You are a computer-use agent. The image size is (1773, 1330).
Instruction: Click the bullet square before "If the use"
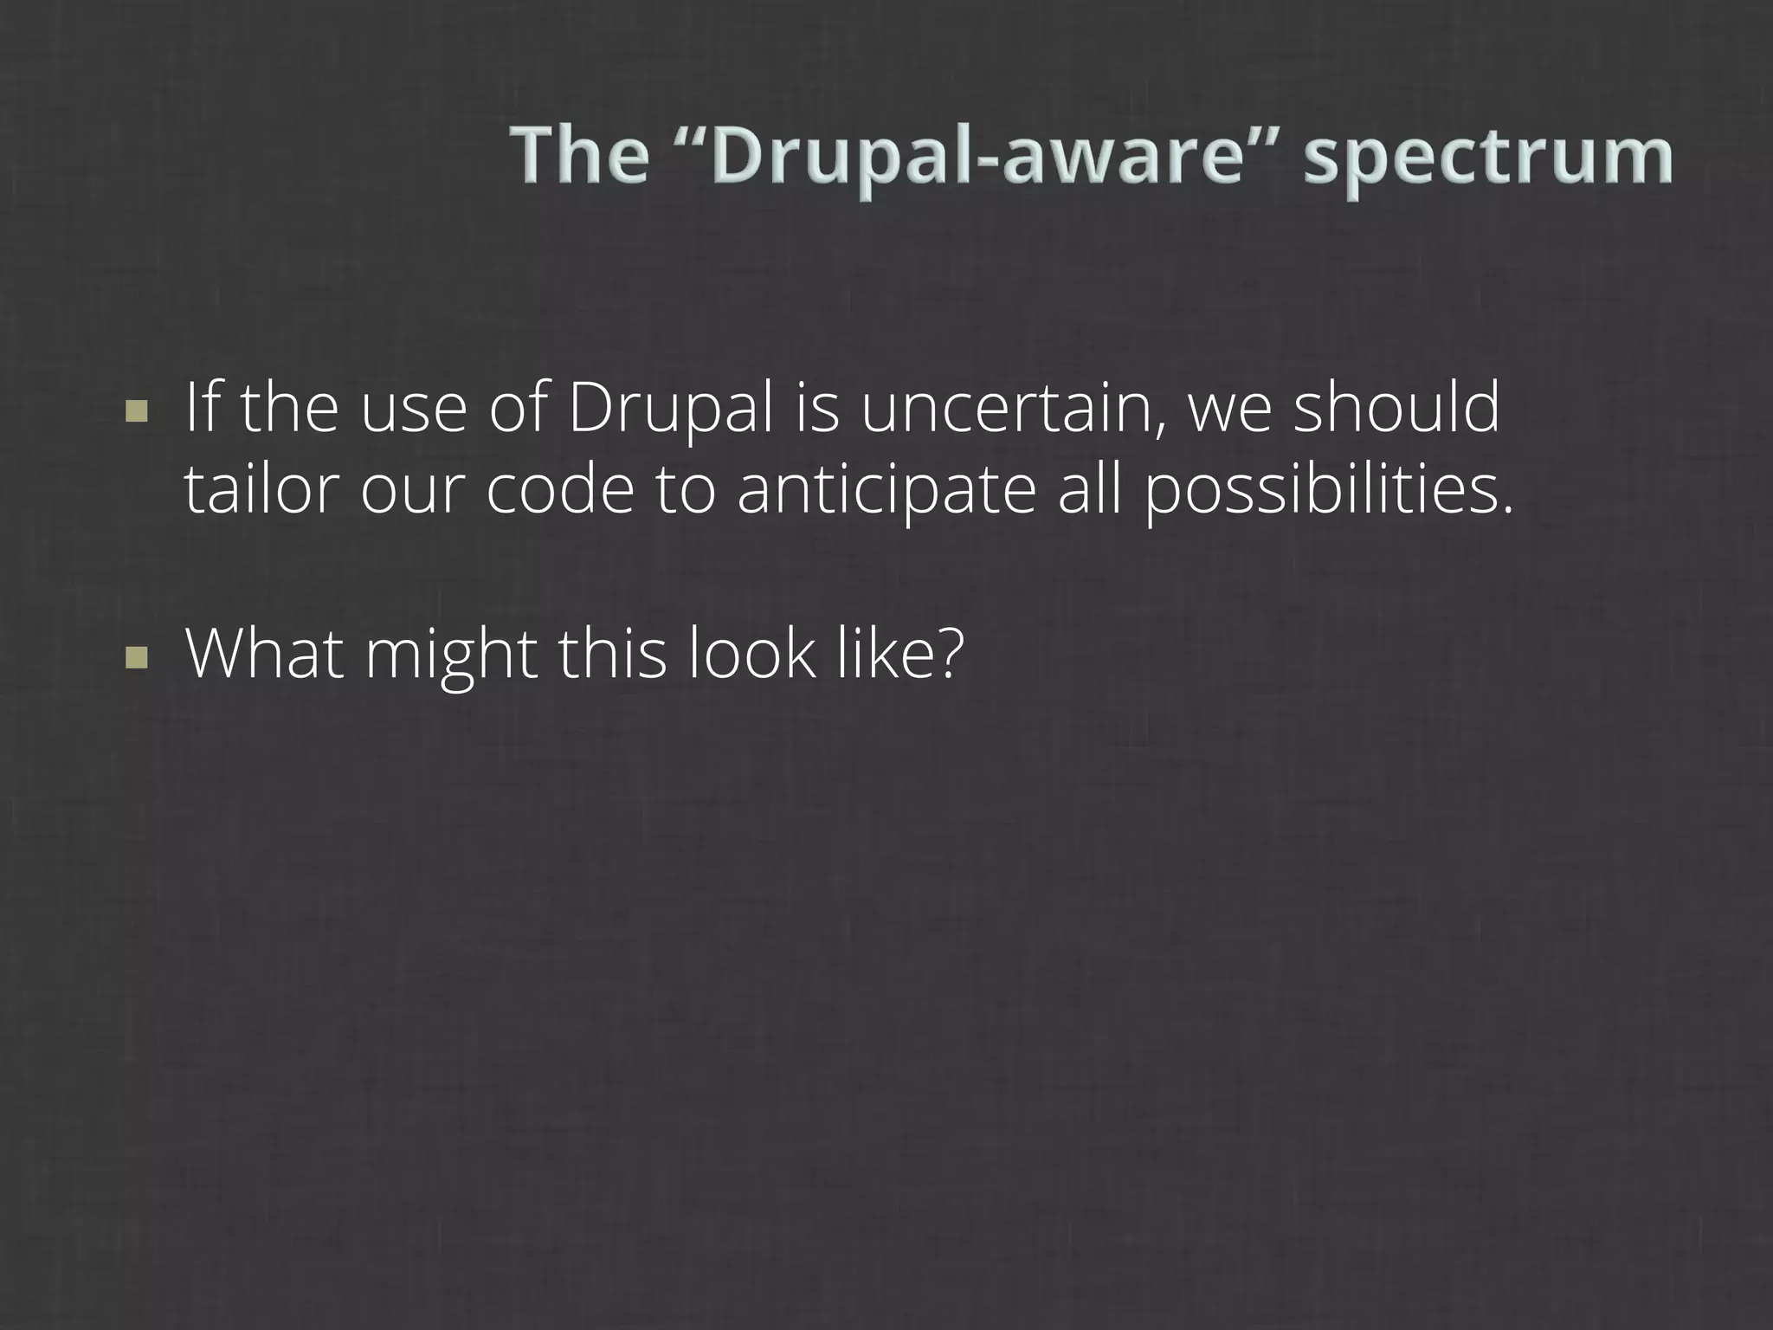click(x=136, y=410)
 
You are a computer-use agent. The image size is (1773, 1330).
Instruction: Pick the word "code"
click(x=559, y=490)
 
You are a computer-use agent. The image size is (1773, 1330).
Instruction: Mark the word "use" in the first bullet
click(x=413, y=410)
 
